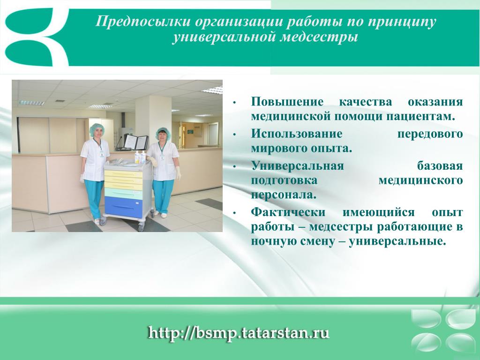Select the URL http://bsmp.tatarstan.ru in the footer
239,333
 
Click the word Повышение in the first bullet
287,101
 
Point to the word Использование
297,134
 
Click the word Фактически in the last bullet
288,212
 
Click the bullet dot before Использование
234,135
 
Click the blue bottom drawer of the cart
124,207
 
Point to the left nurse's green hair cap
97,130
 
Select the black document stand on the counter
136,142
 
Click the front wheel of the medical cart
142,227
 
